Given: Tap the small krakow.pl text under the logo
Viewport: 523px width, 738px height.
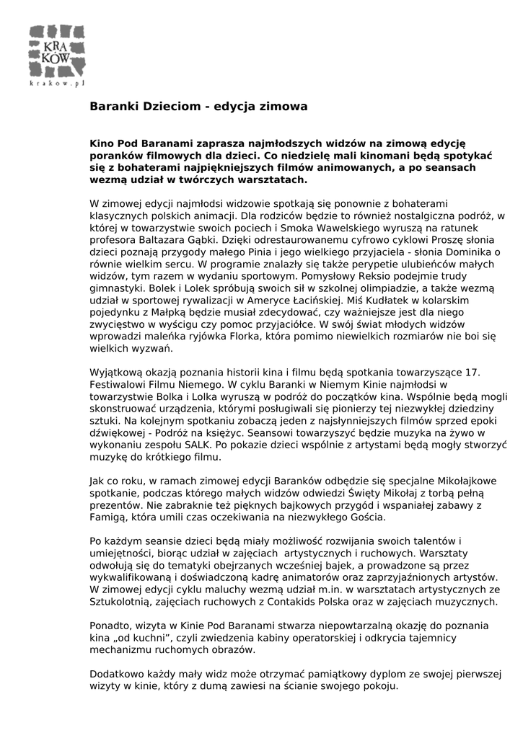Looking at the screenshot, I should click(58, 84).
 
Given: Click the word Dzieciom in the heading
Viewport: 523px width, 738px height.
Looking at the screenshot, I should click(170, 106).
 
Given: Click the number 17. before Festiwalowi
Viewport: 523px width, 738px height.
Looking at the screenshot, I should click(473, 372).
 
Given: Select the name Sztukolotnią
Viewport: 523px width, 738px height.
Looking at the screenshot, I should click(123, 601).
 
